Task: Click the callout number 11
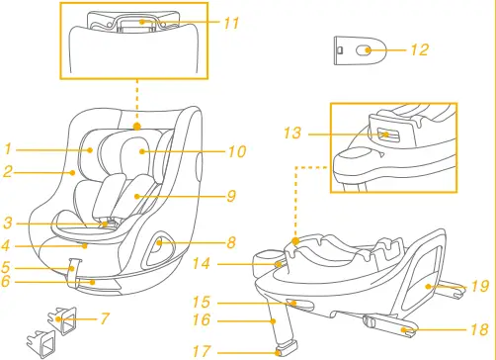[x=231, y=22]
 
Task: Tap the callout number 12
[x=420, y=49]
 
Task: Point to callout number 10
[x=236, y=152]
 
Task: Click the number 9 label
[x=231, y=196]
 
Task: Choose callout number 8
[x=230, y=241]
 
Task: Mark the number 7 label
[x=105, y=318]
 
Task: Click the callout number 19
[x=480, y=287]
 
